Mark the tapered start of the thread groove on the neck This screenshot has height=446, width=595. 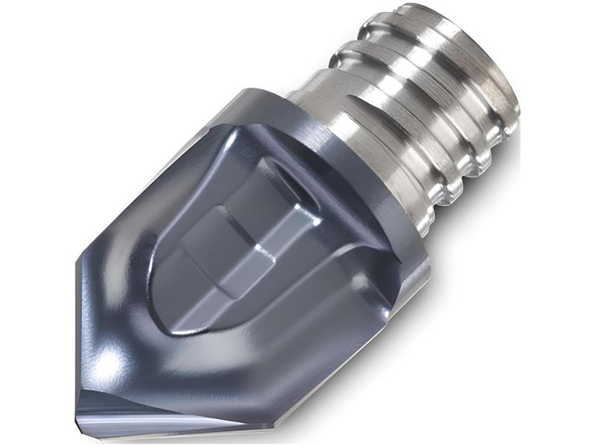click(312, 97)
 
